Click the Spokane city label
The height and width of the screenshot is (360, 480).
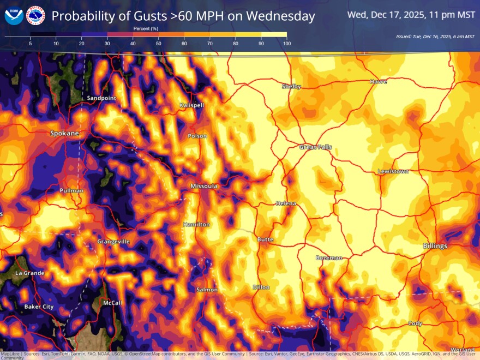click(64, 133)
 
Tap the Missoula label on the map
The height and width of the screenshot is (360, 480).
click(204, 187)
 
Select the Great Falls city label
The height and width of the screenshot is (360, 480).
click(315, 147)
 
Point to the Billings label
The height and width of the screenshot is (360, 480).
click(435, 246)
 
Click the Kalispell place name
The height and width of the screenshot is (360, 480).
click(191, 105)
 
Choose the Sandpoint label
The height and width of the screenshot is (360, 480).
click(101, 98)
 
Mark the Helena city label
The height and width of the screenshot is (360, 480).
click(286, 203)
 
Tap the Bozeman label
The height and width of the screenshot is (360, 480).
click(329, 258)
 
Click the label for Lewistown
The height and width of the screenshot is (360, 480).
click(393, 172)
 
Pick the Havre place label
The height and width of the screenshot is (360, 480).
click(378, 81)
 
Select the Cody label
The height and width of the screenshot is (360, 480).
click(415, 323)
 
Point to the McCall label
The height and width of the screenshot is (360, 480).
click(112, 303)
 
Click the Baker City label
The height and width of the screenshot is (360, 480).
click(39, 307)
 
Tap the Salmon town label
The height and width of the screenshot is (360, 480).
click(207, 290)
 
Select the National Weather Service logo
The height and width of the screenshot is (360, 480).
click(35, 16)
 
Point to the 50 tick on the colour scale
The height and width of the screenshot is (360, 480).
click(158, 43)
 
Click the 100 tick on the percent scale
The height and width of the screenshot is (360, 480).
click(286, 43)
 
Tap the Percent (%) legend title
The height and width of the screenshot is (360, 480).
click(146, 28)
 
